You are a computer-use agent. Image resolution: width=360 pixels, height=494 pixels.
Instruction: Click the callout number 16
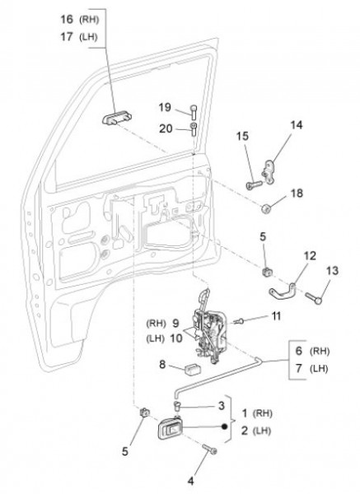tap(67, 19)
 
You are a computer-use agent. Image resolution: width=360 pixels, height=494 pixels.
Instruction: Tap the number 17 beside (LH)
tap(67, 37)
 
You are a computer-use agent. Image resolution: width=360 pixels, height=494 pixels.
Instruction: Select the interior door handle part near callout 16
tap(117, 118)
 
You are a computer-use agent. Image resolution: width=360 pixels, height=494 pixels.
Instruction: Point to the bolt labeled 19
tap(194, 111)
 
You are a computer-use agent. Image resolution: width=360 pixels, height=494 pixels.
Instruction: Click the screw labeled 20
tap(194, 129)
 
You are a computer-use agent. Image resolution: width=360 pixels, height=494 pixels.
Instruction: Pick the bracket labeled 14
tap(269, 172)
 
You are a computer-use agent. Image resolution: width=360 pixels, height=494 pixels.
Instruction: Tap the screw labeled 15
tap(254, 184)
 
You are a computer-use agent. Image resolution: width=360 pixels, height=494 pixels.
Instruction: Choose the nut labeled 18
tap(266, 208)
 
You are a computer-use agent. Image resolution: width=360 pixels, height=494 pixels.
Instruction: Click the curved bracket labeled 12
tap(282, 291)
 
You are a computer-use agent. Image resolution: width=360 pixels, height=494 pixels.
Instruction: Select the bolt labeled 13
tap(313, 298)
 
